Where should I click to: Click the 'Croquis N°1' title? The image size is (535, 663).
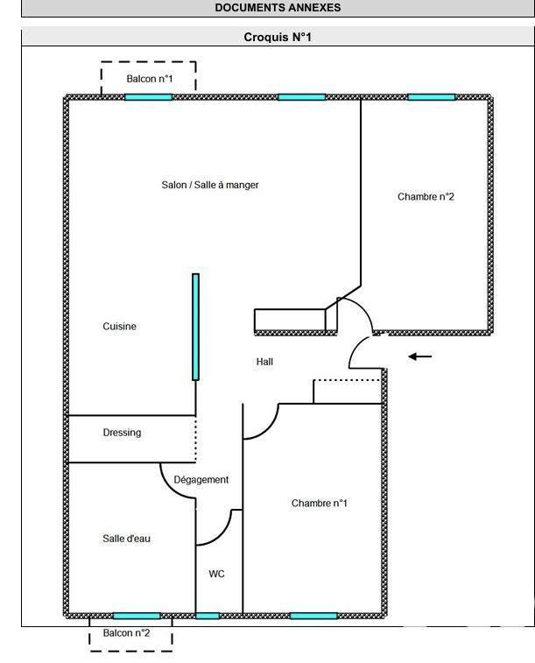click(278, 38)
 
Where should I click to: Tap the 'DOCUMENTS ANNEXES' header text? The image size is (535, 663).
click(278, 7)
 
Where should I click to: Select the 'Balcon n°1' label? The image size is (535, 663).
click(150, 79)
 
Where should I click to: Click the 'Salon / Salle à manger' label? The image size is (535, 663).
click(210, 185)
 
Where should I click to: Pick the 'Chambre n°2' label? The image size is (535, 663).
click(426, 197)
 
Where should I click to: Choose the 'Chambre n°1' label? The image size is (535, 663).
click(320, 503)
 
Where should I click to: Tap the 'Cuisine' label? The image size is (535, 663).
click(120, 326)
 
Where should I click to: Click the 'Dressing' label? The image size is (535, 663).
click(122, 433)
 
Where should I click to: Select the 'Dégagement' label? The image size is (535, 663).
click(201, 479)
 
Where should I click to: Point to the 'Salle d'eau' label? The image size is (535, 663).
click(127, 539)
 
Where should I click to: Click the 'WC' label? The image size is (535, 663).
click(217, 574)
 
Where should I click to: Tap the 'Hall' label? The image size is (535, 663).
click(265, 361)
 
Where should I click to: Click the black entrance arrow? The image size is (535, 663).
click(420, 356)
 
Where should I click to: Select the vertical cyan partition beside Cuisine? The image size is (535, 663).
click(195, 327)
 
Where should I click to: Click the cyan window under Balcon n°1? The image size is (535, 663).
click(148, 96)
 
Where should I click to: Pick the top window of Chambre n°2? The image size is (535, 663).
click(432, 96)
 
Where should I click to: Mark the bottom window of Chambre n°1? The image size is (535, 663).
click(313, 616)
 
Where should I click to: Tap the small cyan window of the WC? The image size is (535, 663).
click(208, 616)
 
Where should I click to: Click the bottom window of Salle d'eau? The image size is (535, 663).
click(137, 616)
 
